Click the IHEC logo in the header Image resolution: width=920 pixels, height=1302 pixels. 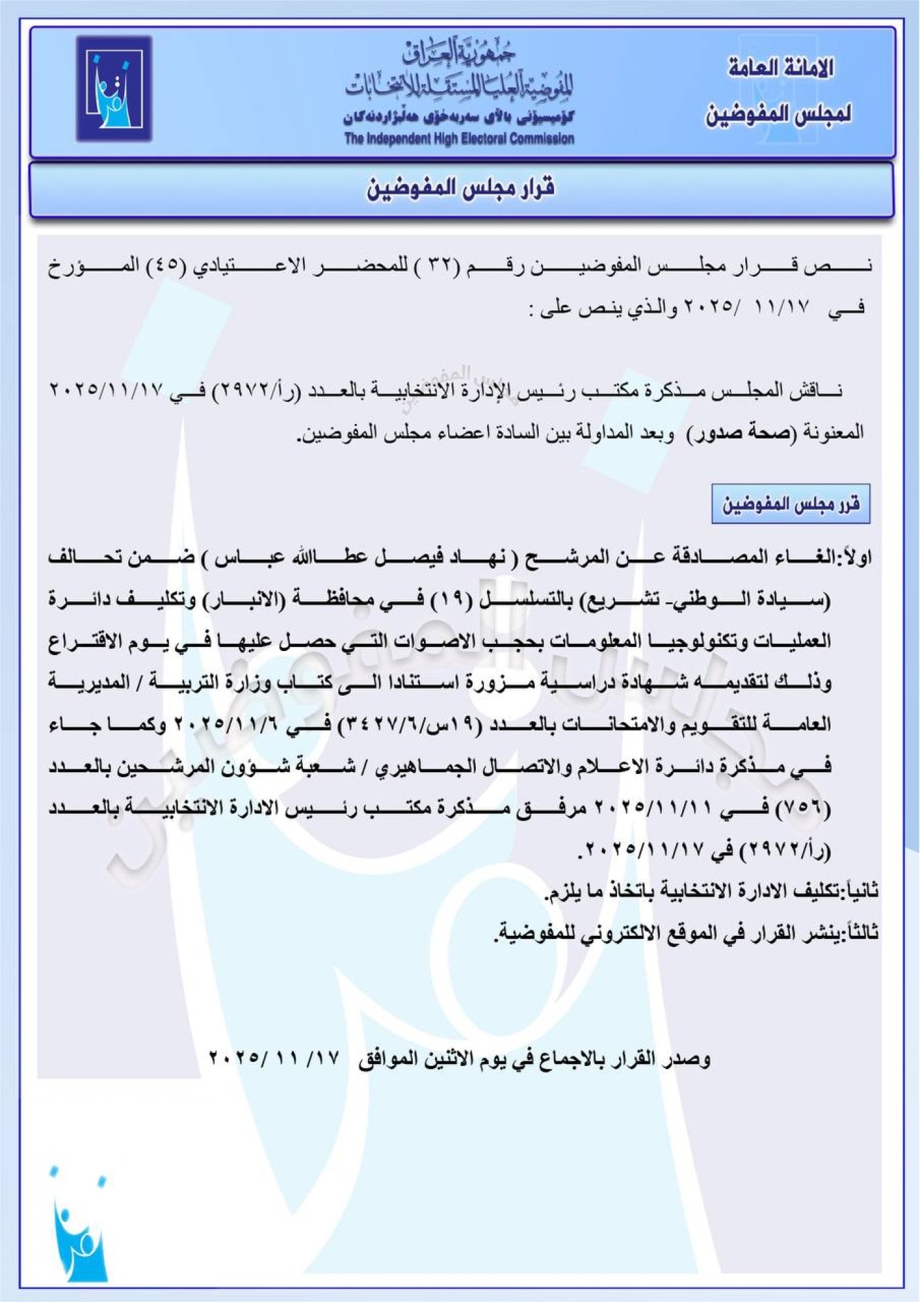pyautogui.click(x=114, y=89)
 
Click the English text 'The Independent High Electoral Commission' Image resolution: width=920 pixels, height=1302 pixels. pyautogui.click(x=459, y=139)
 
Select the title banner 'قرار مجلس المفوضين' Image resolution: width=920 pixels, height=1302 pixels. pyautogui.click(x=461, y=189)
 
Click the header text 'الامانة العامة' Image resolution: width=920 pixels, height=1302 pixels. pyautogui.click(x=781, y=68)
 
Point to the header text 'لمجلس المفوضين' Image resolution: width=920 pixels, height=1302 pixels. pyautogui.click(x=779, y=114)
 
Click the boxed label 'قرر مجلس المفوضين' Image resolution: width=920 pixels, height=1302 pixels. pyautogui.click(x=791, y=504)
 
